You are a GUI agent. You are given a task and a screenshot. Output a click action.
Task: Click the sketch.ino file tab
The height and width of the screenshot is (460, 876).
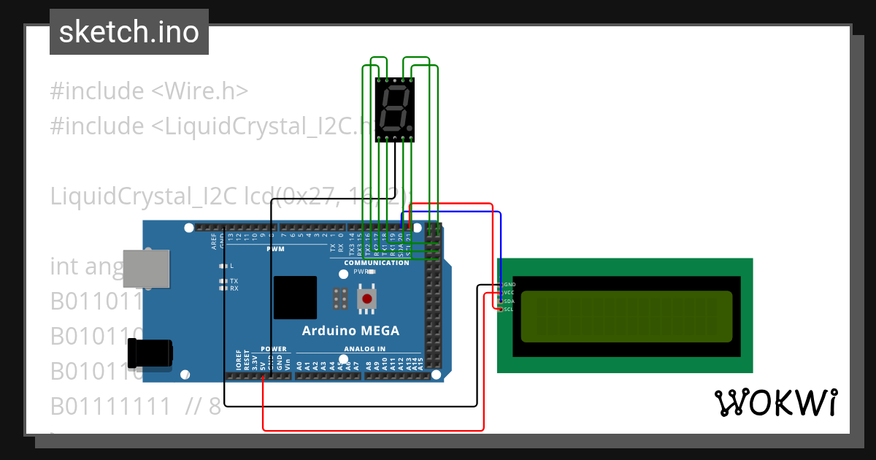pos(129,32)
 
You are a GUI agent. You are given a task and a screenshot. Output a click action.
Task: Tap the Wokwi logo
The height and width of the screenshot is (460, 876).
pos(775,402)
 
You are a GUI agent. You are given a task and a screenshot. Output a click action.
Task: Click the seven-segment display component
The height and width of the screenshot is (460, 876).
pos(395,110)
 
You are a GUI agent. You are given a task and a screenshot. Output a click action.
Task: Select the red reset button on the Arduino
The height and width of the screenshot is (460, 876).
pos(366,299)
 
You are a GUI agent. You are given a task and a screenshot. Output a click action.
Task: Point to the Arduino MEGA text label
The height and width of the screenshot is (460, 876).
pos(350,331)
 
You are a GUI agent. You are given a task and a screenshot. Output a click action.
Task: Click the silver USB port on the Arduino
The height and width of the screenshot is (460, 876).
pos(146,269)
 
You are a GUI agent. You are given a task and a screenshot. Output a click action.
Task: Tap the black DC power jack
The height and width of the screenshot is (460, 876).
pos(150,353)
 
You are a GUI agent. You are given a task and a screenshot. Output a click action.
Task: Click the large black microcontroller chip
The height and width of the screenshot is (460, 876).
pos(295,297)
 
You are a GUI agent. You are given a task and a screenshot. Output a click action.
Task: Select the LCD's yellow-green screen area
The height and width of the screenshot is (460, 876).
pos(626,316)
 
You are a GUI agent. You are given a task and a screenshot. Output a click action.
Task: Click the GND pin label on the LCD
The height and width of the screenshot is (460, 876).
pos(510,284)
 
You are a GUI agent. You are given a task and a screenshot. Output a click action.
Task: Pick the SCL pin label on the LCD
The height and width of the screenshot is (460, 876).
pos(509,310)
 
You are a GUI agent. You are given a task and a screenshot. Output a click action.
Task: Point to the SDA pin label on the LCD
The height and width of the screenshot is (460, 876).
pos(510,301)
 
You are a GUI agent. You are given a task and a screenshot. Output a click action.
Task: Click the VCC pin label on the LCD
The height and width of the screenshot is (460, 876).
pos(510,292)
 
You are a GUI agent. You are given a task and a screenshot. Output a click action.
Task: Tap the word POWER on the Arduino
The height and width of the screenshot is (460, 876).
pos(274,349)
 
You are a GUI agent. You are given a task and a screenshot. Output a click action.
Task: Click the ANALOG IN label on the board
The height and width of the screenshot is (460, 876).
pos(365,349)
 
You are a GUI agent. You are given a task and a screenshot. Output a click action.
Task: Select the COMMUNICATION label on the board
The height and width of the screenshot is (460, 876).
pos(377,263)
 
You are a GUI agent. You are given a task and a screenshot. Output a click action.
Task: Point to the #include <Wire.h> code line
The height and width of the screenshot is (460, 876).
pos(149,91)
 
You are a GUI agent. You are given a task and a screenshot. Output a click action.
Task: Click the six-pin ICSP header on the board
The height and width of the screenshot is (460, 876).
pos(339,298)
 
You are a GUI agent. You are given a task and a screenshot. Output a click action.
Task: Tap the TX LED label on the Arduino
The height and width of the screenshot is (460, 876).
pos(234,280)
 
